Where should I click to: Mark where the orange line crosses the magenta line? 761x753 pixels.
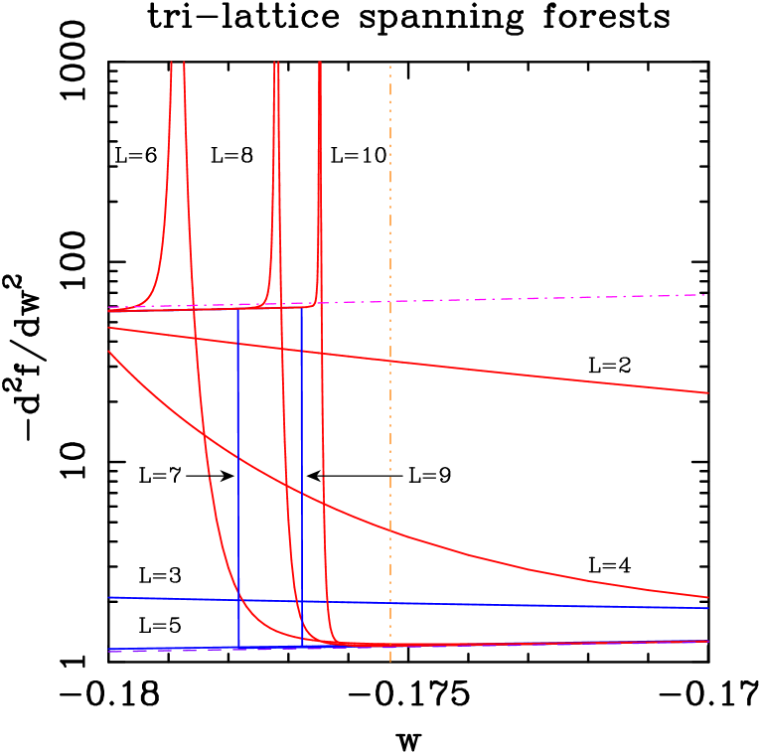tap(390, 301)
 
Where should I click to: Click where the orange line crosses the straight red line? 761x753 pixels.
tap(390, 361)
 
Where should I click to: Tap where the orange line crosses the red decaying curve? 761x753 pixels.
tap(390, 531)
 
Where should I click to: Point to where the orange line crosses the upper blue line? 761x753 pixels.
tap(390, 603)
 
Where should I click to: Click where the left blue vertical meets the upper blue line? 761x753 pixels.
tap(238, 600)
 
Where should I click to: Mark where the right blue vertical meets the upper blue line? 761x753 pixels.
tap(302, 601)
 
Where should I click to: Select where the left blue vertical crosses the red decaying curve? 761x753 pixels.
tap(238, 458)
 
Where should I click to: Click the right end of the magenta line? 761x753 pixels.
tap(705, 295)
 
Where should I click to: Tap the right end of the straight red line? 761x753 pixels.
tap(707, 393)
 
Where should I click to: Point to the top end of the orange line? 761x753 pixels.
tap(390, 67)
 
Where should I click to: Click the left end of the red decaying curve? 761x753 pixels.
tap(108, 352)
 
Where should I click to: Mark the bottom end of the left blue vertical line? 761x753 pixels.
tap(238, 648)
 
